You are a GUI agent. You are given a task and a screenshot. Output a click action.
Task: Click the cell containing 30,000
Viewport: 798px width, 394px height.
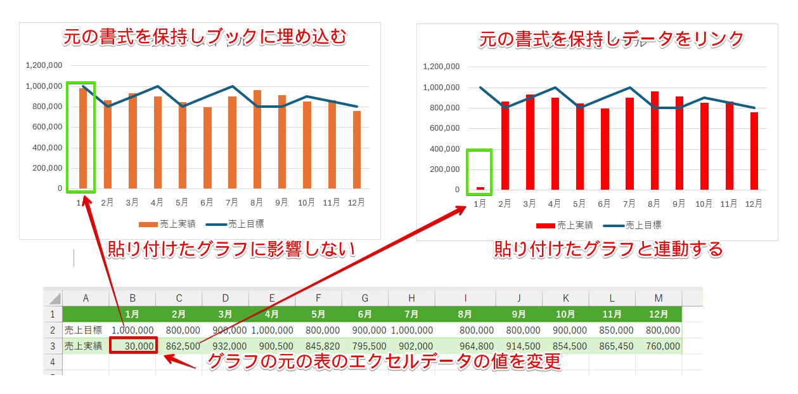point(132,346)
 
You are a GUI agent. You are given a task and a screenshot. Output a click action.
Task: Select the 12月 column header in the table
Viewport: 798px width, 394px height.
point(659,314)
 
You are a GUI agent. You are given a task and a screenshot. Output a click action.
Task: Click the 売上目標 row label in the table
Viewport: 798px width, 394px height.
point(84,331)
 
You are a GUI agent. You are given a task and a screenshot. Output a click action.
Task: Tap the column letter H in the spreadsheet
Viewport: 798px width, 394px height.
point(411,298)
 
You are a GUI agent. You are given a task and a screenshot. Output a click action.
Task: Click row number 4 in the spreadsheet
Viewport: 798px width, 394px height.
point(53,362)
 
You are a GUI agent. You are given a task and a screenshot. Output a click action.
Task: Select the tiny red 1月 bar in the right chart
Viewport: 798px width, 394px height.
point(480,188)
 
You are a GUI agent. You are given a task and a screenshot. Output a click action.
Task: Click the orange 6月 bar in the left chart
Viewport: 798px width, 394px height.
point(207,148)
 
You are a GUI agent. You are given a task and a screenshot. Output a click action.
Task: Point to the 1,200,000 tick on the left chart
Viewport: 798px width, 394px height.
point(44,65)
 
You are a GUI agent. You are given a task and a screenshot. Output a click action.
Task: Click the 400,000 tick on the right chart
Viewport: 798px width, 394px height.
point(442,148)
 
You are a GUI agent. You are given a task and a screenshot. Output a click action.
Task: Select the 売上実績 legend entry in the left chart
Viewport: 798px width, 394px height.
point(167,224)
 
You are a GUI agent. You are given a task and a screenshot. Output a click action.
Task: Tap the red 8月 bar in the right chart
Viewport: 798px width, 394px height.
point(654,141)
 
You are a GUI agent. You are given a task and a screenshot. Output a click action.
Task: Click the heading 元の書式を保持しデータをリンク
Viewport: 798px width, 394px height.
point(610,39)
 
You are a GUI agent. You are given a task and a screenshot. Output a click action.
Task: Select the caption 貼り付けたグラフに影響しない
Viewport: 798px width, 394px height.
point(230,249)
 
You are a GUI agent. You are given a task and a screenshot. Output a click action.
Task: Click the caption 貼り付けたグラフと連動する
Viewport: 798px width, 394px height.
point(608,249)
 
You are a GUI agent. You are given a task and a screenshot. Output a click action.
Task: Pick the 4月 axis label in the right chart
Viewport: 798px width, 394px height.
point(555,204)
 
